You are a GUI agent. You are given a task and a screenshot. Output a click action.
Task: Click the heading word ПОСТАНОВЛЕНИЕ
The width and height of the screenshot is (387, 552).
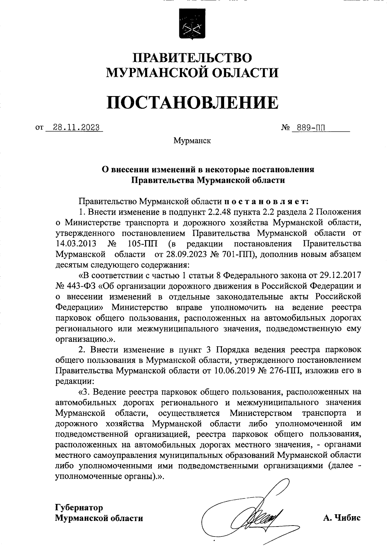(x=192, y=102)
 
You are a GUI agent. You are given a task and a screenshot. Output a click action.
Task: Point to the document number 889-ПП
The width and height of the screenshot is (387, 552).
(x=308, y=128)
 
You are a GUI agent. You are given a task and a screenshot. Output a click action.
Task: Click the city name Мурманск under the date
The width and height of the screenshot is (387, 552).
(x=192, y=141)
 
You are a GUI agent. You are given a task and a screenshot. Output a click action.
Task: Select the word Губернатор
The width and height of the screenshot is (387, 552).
(x=79, y=508)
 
